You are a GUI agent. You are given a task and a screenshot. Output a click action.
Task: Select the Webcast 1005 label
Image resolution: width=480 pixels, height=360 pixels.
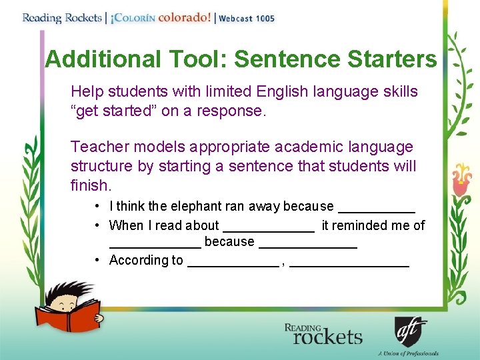[x=246, y=19]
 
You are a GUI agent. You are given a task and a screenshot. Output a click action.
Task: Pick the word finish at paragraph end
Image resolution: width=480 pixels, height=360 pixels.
[x=89, y=184]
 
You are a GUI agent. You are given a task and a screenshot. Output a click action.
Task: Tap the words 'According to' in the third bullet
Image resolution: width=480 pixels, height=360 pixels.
[x=146, y=260]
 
